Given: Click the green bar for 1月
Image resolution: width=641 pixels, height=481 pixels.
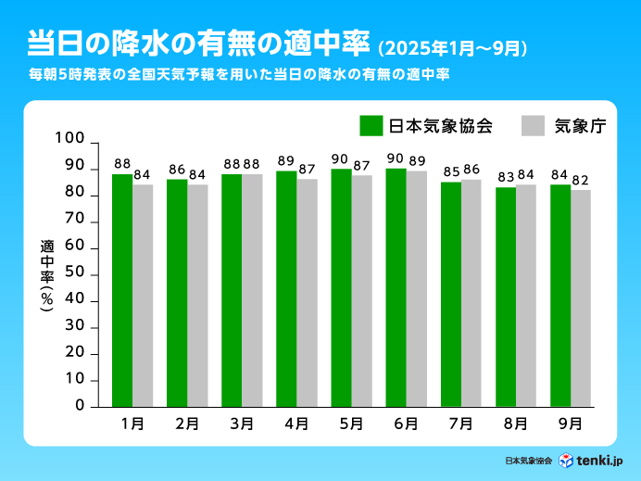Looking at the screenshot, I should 122,290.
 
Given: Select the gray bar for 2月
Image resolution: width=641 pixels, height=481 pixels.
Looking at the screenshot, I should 197,295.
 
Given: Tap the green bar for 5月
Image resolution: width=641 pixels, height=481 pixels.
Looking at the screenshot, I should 341,287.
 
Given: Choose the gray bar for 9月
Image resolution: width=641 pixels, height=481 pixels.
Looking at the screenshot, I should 581,297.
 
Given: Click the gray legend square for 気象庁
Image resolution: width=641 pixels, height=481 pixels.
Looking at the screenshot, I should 533,125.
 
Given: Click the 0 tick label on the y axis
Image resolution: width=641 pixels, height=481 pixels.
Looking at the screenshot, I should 80,406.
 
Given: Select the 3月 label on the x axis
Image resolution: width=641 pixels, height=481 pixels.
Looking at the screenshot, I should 241,424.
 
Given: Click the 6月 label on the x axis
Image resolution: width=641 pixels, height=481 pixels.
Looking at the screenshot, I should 406,424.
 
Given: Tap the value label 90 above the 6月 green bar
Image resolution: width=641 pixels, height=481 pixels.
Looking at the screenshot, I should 396,158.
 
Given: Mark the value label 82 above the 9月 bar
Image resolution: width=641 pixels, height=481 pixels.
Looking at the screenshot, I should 581,180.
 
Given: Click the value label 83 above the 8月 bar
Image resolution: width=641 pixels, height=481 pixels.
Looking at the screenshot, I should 505,177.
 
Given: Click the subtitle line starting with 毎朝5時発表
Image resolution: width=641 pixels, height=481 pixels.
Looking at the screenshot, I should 239,74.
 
